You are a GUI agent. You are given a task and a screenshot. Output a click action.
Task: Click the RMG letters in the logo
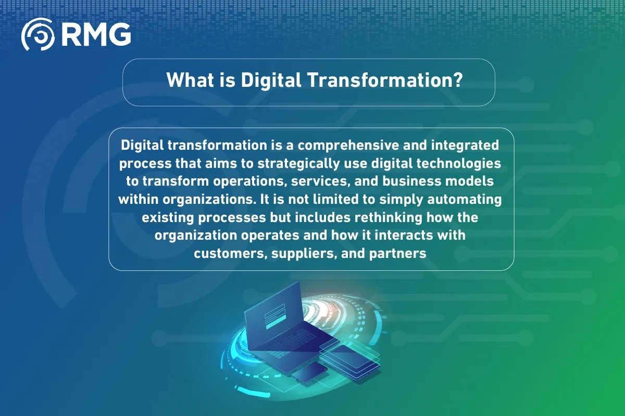point(96,34)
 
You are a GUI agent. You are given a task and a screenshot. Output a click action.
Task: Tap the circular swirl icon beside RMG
point(38,34)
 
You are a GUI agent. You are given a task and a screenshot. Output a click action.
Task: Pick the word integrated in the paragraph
point(465,146)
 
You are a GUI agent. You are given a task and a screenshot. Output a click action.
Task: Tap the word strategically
point(298,164)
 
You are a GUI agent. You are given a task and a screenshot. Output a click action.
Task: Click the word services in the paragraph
point(321,181)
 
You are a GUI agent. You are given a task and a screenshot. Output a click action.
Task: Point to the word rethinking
point(389,218)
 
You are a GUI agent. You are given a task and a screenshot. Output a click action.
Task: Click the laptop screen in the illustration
point(275,315)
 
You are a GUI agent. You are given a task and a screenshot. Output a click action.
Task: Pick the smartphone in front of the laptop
point(310,372)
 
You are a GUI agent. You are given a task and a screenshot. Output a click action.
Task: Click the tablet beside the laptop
point(350,359)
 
